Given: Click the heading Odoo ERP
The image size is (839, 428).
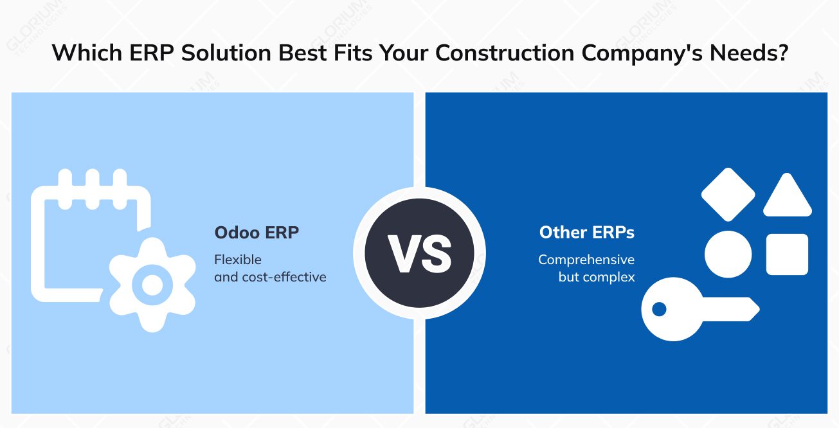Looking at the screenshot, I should click(x=257, y=232).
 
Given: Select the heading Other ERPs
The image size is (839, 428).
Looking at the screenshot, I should click(x=586, y=232).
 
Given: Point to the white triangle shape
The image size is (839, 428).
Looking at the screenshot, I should click(x=787, y=197).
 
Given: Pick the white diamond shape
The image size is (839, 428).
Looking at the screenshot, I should click(x=728, y=194).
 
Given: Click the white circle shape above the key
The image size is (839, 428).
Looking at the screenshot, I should click(x=728, y=254).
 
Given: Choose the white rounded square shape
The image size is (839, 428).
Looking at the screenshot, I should click(x=787, y=254).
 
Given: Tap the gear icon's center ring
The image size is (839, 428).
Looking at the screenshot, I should click(x=152, y=285).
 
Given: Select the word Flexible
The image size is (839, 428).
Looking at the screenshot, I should click(x=238, y=260).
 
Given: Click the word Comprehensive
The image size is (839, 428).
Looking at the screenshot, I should click(x=586, y=260).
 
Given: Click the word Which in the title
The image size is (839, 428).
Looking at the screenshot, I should click(x=81, y=53).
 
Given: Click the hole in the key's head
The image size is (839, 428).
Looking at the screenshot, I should click(x=659, y=309).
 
